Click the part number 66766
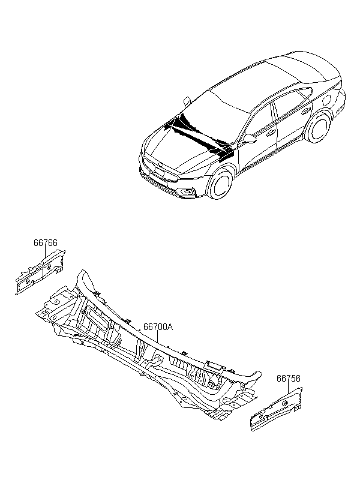[46, 242]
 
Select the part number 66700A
[158, 326]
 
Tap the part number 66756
[289, 379]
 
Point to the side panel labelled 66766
[40, 271]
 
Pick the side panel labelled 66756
[276, 409]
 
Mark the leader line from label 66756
[288, 388]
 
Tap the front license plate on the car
[159, 171]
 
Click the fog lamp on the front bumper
[188, 191]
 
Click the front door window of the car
[258, 121]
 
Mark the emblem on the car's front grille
[160, 165]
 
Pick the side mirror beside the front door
[249, 139]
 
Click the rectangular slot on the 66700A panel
[214, 365]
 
